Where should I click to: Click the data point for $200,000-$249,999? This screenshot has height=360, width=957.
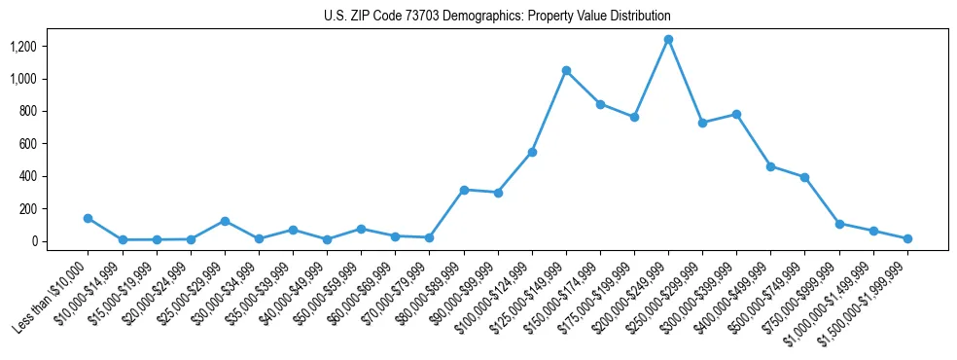point(668,40)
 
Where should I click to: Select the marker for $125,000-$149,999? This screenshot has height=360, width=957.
point(566,71)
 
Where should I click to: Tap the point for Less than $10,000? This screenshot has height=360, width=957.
point(89,218)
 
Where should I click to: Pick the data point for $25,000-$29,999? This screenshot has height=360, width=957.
point(225,221)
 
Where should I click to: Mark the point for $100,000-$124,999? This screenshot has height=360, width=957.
point(532,152)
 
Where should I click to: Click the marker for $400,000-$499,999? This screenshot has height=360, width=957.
point(770,166)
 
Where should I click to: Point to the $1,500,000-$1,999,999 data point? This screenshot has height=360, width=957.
point(907,238)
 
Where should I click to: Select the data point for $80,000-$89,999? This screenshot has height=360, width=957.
point(464,190)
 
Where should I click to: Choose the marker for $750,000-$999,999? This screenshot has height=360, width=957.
point(839,224)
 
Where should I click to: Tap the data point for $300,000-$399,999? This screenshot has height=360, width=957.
point(736,114)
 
